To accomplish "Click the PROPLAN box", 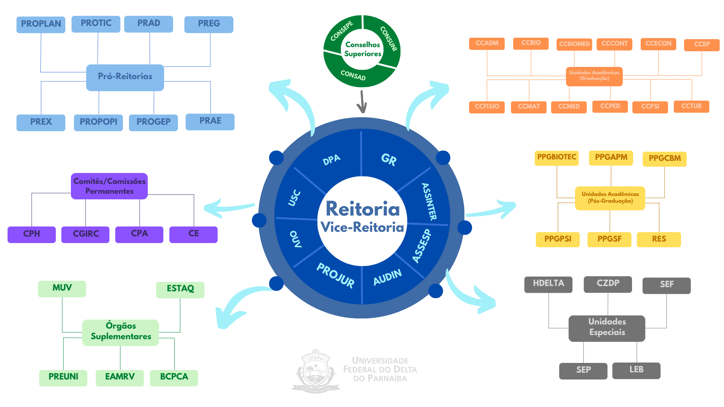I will coord(41,24).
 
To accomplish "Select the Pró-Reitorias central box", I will coord(125,77).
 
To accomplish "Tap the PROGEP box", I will coord(153,122).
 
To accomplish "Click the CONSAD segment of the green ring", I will coord(353,75).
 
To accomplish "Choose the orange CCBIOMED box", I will coord(574,44).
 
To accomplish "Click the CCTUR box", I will coord(691,106).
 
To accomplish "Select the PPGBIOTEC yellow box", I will coord(557,158).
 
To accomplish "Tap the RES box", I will coord(659,239).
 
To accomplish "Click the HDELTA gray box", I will coord(548,284).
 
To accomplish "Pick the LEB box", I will coord(636,370).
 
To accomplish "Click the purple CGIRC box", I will coord(86,234).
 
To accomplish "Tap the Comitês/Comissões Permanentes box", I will coord(109,186).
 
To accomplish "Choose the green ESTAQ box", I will coord(180,289).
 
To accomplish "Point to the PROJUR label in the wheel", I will coord(335,275).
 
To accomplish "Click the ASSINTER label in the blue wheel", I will coord(429,201).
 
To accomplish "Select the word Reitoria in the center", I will coord(362,209).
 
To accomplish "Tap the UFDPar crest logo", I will coord(316,371).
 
